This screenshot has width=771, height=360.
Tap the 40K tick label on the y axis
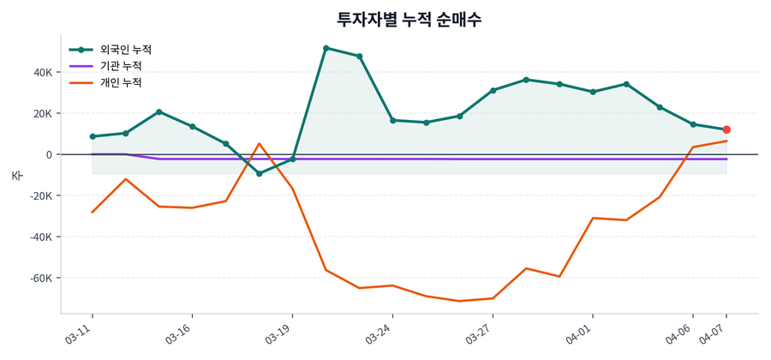[42, 72]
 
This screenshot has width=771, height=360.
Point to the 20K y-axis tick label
[42, 113]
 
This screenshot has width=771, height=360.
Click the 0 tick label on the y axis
[49, 154]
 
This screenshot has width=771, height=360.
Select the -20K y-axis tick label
[40, 195]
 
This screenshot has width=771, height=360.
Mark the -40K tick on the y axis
[40, 237]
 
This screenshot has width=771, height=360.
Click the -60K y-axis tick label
[40, 278]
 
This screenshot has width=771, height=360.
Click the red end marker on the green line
[726, 129]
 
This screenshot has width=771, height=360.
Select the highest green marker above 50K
[326, 48]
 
